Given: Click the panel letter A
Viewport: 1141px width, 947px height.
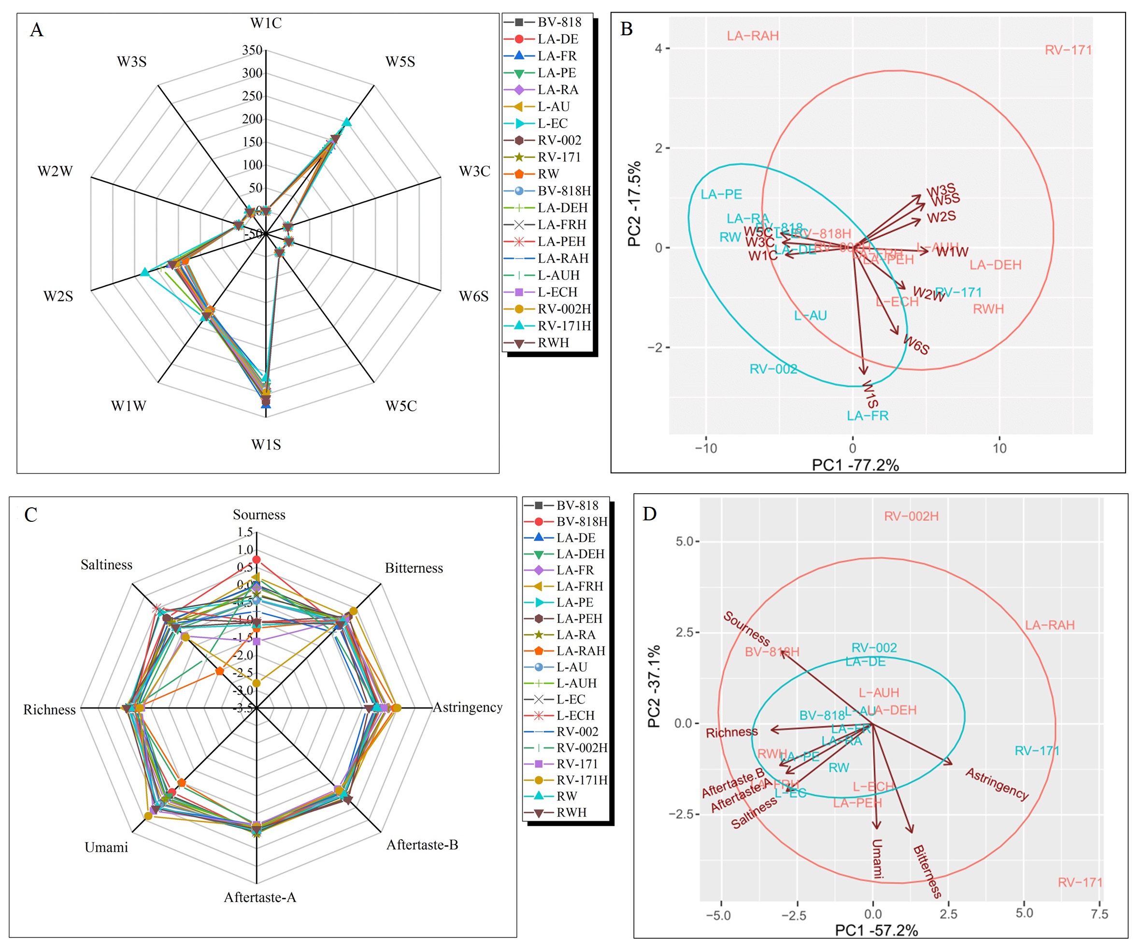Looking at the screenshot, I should tap(36, 29).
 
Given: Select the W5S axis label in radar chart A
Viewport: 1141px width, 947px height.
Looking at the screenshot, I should tap(400, 61).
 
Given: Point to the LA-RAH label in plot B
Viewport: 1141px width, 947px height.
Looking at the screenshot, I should tap(753, 36).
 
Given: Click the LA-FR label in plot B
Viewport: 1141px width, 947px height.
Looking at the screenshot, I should tap(867, 416).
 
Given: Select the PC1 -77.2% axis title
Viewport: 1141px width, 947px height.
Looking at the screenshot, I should tap(855, 465).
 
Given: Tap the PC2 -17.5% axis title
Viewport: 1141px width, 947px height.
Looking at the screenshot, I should tap(634, 204).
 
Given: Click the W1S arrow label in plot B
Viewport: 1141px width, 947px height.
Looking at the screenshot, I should tap(870, 394).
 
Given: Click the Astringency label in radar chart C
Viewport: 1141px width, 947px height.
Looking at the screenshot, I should tap(467, 707).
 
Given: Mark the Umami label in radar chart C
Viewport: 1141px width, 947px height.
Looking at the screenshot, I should tap(106, 847).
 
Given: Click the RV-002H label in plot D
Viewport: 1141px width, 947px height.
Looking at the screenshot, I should tap(911, 516).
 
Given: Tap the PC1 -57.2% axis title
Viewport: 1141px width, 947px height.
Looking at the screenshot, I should tap(876, 931).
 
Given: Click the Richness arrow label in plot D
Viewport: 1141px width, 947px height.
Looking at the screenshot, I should tap(731, 732).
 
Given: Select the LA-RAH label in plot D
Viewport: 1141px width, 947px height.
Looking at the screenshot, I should tap(1050, 625).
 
